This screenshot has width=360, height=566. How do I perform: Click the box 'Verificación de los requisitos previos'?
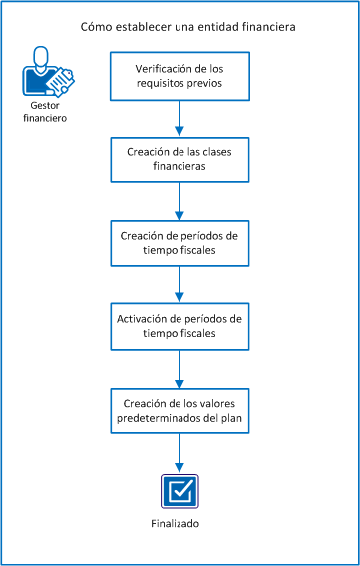[x=179, y=75]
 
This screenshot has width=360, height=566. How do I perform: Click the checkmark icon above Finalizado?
[x=179, y=490]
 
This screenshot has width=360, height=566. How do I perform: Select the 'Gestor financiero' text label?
[x=41, y=111]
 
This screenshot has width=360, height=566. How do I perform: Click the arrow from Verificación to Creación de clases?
[x=179, y=117]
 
